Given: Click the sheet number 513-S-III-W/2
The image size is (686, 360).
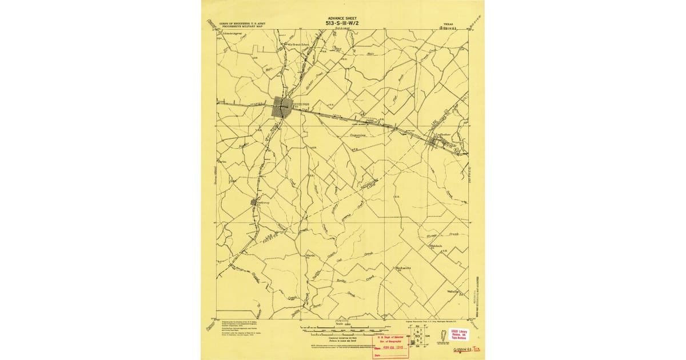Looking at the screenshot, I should click(343, 23).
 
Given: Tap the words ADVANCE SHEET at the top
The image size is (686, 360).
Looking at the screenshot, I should click(343, 18).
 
